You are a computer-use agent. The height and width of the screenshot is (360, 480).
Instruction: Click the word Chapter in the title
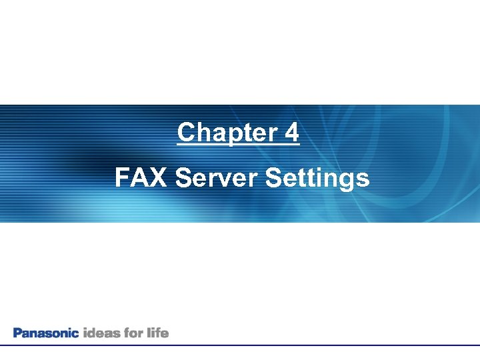click(222, 133)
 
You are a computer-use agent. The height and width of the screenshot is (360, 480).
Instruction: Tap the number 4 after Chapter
click(291, 133)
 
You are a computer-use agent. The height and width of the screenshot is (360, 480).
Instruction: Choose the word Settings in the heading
click(317, 179)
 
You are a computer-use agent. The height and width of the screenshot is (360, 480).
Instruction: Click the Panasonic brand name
click(46, 332)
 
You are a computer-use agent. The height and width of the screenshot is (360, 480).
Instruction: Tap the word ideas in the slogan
click(100, 332)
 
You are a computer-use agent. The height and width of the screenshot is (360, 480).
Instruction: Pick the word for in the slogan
click(133, 332)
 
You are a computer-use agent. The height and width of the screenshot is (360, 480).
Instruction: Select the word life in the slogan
click(158, 332)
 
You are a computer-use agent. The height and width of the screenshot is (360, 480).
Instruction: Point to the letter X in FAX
click(157, 178)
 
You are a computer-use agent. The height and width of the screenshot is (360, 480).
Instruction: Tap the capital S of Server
click(182, 178)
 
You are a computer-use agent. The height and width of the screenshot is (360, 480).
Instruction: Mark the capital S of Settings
click(273, 178)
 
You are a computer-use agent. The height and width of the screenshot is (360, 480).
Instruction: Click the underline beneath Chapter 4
click(239, 145)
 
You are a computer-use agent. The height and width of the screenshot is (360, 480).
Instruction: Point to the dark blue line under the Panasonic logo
click(240, 345)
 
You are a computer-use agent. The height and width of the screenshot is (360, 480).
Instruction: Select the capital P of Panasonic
click(17, 332)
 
